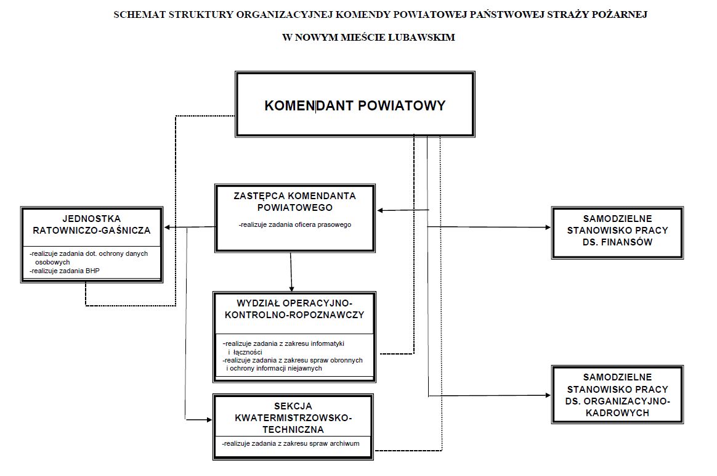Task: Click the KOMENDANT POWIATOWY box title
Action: (355, 105)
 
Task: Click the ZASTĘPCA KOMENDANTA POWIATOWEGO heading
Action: (295, 202)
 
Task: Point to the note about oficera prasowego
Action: (295, 225)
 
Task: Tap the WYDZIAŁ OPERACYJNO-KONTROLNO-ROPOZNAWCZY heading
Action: (294, 309)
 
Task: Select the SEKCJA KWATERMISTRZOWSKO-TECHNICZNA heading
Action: (293, 417)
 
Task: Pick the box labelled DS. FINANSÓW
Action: (617, 230)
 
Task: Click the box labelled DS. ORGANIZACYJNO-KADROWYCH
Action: (617, 395)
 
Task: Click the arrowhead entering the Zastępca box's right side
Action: (381, 211)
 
